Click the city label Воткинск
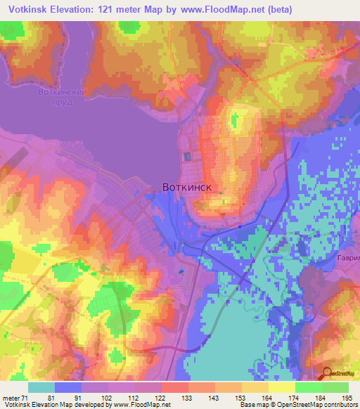(186, 188)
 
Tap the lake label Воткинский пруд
(62, 97)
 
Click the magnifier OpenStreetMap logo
(327, 374)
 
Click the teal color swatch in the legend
(41, 387)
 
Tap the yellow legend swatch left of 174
(281, 387)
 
